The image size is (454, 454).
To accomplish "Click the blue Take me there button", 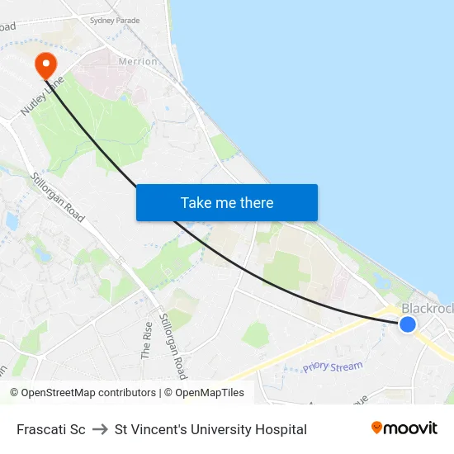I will tap(226, 202).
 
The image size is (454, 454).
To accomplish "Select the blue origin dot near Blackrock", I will tap(407, 324).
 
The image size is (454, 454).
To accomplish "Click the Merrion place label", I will tap(138, 61).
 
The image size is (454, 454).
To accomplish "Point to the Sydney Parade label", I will tap(115, 20).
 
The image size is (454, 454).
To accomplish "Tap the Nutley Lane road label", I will tap(43, 97).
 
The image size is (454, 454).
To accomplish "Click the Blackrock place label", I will tap(427, 308).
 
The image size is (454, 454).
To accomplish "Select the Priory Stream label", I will tap(332, 367).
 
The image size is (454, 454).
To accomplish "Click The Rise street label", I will tap(147, 339).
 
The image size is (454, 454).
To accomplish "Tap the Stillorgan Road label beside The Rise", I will tap(173, 345).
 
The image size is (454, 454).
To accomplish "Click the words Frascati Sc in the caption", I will tap(51, 429).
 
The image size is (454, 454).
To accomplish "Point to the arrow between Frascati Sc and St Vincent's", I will tap(100, 429).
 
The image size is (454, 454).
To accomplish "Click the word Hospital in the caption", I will tap(281, 429).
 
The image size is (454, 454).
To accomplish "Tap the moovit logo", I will tap(404, 428).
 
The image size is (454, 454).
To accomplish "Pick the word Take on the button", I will tap(196, 202).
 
